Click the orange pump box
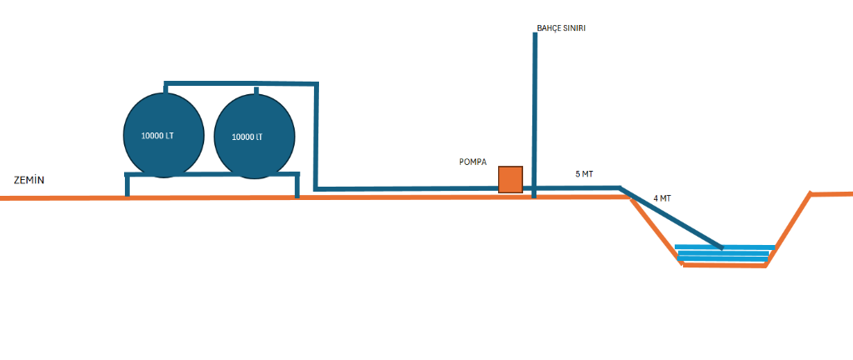pos(510,179)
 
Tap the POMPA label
pos(472,162)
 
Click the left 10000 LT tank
pos(163,135)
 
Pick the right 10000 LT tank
pos(254,137)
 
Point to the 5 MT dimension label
pos(584,174)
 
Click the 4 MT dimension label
pos(662,198)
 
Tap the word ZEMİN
pos(28,180)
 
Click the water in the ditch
pos(723,254)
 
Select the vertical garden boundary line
pos(534,100)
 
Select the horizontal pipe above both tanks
pos(242,83)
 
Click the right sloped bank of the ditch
pos(788,229)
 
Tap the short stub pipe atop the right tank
pos(256,89)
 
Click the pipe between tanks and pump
pos(408,189)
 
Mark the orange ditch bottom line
pos(723,266)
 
